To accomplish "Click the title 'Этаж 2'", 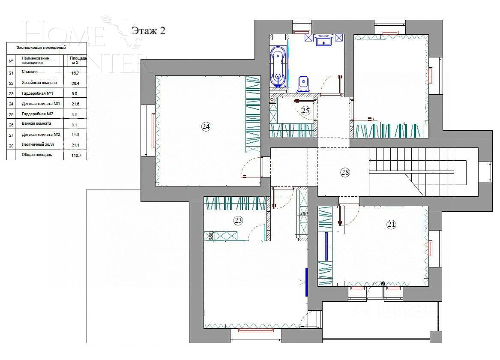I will (148, 30).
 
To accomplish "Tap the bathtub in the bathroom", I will (278, 67).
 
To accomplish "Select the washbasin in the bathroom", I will (324, 41).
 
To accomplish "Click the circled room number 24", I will (206, 126).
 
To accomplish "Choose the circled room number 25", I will (305, 111).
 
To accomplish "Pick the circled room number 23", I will (238, 221).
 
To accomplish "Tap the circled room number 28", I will (345, 172).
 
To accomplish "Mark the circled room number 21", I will (391, 224).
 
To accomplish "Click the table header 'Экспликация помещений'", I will (41, 48).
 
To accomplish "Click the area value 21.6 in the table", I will (75, 104).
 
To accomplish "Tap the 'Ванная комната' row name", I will (36, 123).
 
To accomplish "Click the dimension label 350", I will (303, 213).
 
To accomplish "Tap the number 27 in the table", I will (11, 135).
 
